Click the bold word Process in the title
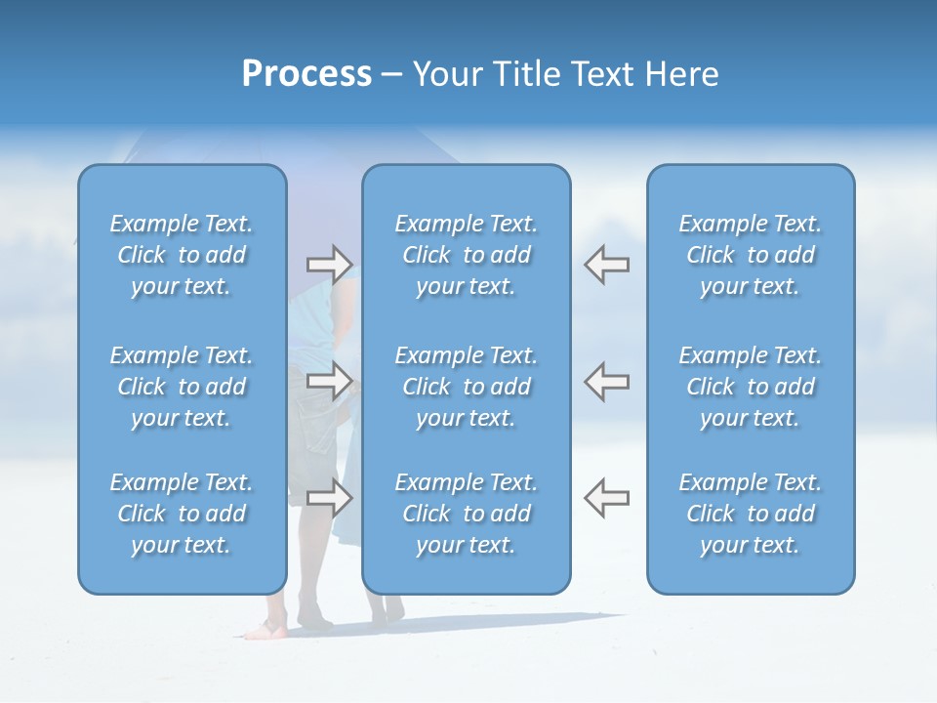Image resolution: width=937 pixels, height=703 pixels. tap(306, 74)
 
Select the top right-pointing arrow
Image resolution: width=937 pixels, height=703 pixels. tap(330, 264)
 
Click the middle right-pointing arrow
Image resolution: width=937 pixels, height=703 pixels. tap(330, 381)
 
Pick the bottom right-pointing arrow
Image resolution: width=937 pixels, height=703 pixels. tap(330, 497)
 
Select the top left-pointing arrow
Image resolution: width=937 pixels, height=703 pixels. tap(606, 264)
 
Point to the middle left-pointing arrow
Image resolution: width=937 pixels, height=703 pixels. tap(606, 381)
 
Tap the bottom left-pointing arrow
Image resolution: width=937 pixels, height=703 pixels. tap(606, 497)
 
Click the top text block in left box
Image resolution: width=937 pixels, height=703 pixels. tap(182, 255)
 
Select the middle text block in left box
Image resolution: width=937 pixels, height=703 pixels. tap(182, 387)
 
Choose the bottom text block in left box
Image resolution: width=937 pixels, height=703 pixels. tap(182, 514)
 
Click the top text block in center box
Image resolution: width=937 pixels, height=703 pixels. tap(467, 255)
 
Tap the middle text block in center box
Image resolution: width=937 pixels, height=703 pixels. tap(467, 387)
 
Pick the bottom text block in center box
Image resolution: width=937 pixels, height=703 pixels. tap(467, 514)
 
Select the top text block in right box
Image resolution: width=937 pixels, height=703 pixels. tap(751, 255)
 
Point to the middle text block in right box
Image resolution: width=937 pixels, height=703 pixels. tap(751, 387)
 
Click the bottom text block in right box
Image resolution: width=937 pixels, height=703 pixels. tap(751, 514)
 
